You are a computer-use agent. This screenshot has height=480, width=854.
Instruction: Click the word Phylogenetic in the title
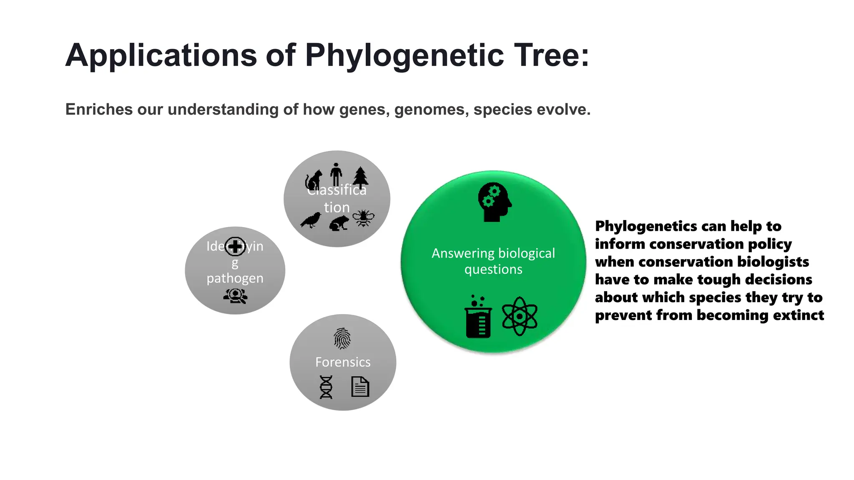tap(404, 56)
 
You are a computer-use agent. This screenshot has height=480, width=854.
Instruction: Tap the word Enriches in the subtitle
tap(98, 110)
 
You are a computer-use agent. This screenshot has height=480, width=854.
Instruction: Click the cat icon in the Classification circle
tap(314, 180)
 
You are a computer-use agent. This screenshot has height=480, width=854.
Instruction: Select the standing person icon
tap(336, 174)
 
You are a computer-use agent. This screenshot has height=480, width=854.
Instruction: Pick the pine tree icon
tap(361, 177)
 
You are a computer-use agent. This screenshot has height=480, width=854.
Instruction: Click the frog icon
tap(339, 223)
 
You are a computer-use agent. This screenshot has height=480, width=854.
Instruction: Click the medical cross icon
tap(235, 246)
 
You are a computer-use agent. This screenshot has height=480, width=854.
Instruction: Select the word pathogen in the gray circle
tap(235, 278)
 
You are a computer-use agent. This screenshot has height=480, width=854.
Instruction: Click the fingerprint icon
tap(342, 338)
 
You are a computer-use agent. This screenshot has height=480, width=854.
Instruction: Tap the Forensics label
tap(343, 362)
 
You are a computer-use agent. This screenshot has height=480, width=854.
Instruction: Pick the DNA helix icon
tap(326, 387)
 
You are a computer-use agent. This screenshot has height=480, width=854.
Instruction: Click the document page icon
tap(360, 387)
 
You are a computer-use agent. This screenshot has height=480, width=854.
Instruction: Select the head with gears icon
tap(494, 202)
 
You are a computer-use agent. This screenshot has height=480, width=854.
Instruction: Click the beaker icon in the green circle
tap(478, 317)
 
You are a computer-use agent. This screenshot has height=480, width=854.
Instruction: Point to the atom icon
tap(519, 316)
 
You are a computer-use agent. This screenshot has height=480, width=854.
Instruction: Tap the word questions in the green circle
tap(493, 270)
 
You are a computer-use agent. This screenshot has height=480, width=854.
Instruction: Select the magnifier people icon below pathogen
tap(236, 296)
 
